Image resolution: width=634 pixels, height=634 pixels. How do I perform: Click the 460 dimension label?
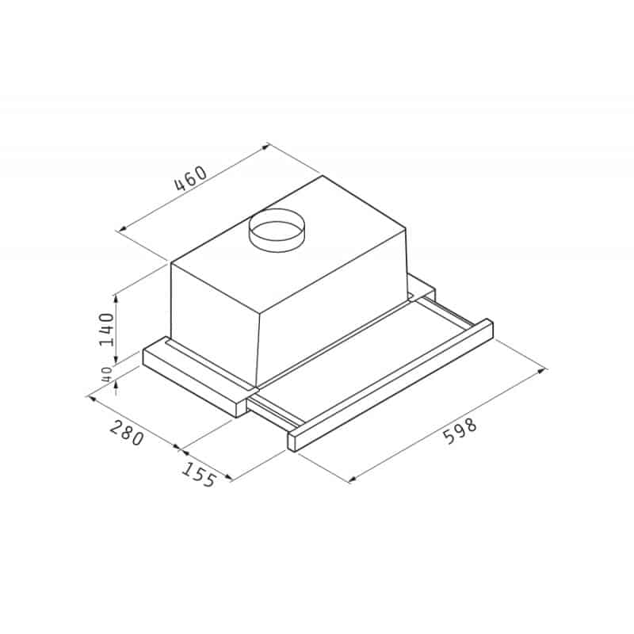tap(190, 180)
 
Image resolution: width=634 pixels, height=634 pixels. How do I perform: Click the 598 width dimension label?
tap(460, 432)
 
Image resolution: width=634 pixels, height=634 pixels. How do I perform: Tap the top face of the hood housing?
tap(317, 230)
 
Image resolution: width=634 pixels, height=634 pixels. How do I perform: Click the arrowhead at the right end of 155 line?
tap(229, 478)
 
